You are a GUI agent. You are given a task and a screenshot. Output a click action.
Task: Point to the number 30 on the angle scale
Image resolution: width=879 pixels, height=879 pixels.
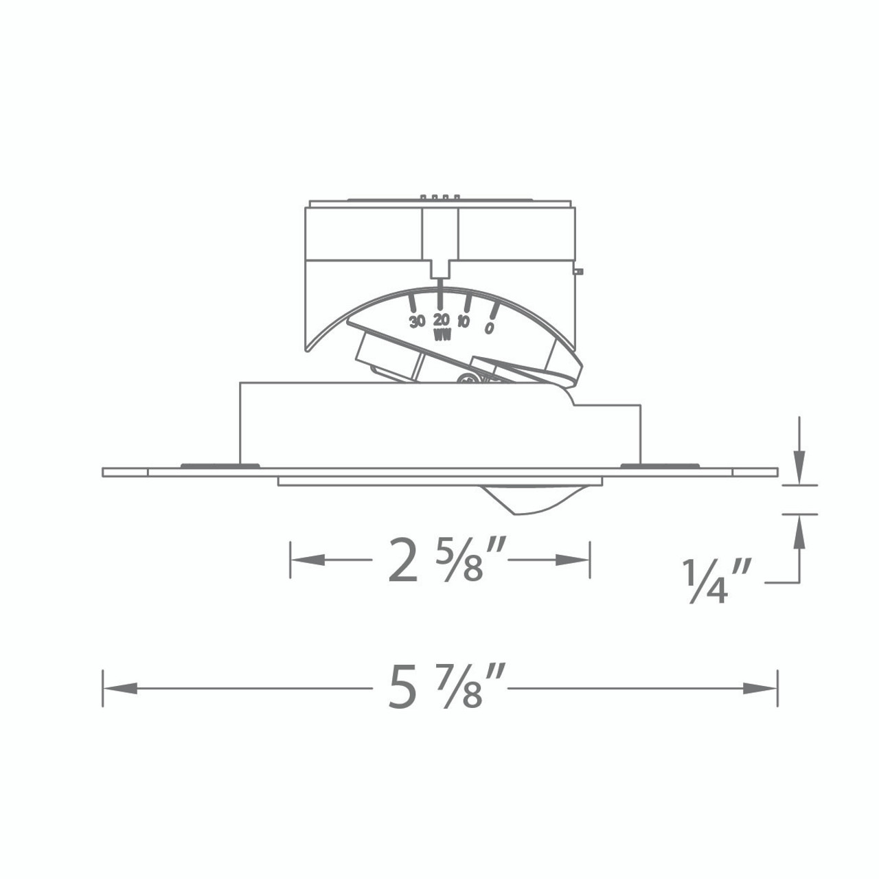(416, 321)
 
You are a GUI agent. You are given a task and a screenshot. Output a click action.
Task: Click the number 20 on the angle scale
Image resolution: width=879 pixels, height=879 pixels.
(442, 319)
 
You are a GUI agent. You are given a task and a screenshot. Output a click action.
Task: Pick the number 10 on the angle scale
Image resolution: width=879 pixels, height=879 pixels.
(463, 321)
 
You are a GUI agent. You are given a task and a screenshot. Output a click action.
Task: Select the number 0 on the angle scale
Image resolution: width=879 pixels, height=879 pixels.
(490, 328)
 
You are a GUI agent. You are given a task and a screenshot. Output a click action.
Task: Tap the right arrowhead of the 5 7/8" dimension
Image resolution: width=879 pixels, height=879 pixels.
(760, 688)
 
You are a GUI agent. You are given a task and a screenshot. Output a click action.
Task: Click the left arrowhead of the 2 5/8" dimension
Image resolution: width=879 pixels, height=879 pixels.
(308, 560)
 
